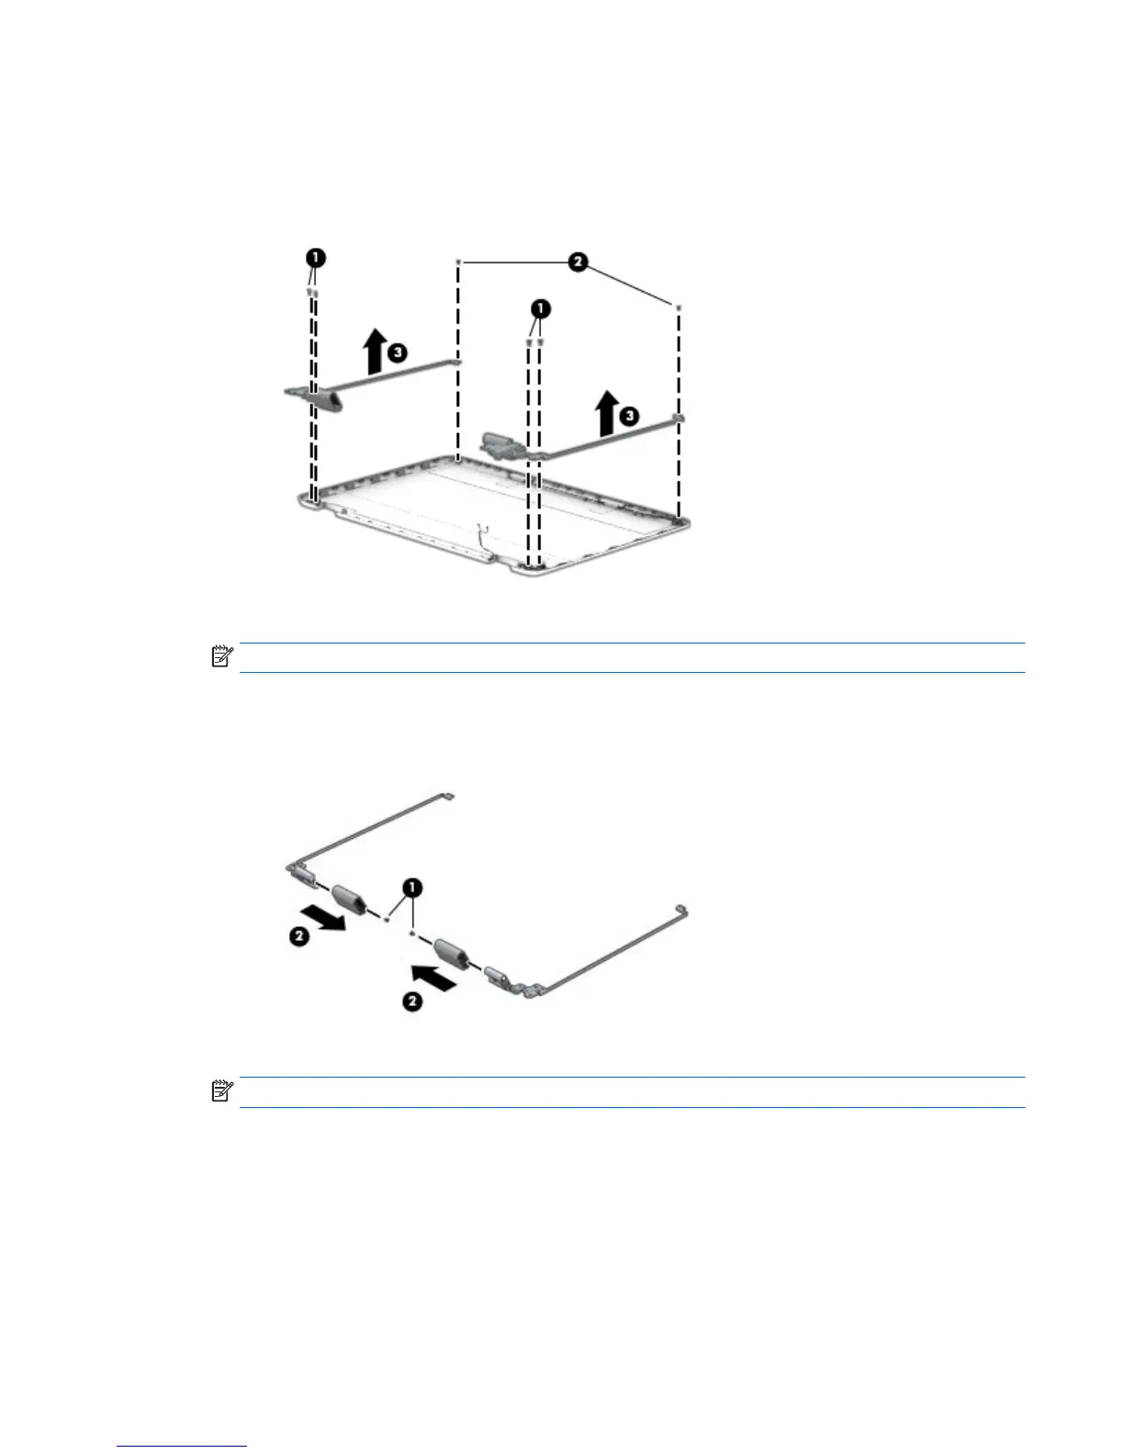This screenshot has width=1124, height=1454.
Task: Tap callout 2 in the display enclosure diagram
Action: pos(578,263)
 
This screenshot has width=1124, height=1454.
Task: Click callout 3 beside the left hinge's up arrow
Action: pos(397,352)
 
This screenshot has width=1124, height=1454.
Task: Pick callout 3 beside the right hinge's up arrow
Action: pos(628,416)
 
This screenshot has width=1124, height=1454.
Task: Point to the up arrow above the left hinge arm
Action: pos(374,353)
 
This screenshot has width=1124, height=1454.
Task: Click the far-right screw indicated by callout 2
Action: pos(678,308)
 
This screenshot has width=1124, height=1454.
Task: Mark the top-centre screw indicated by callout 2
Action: pos(457,262)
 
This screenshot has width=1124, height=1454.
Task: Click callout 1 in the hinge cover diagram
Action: pos(413,888)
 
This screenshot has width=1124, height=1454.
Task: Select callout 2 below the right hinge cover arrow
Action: pos(412,1001)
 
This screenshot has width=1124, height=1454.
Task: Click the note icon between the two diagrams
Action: pos(220,657)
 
